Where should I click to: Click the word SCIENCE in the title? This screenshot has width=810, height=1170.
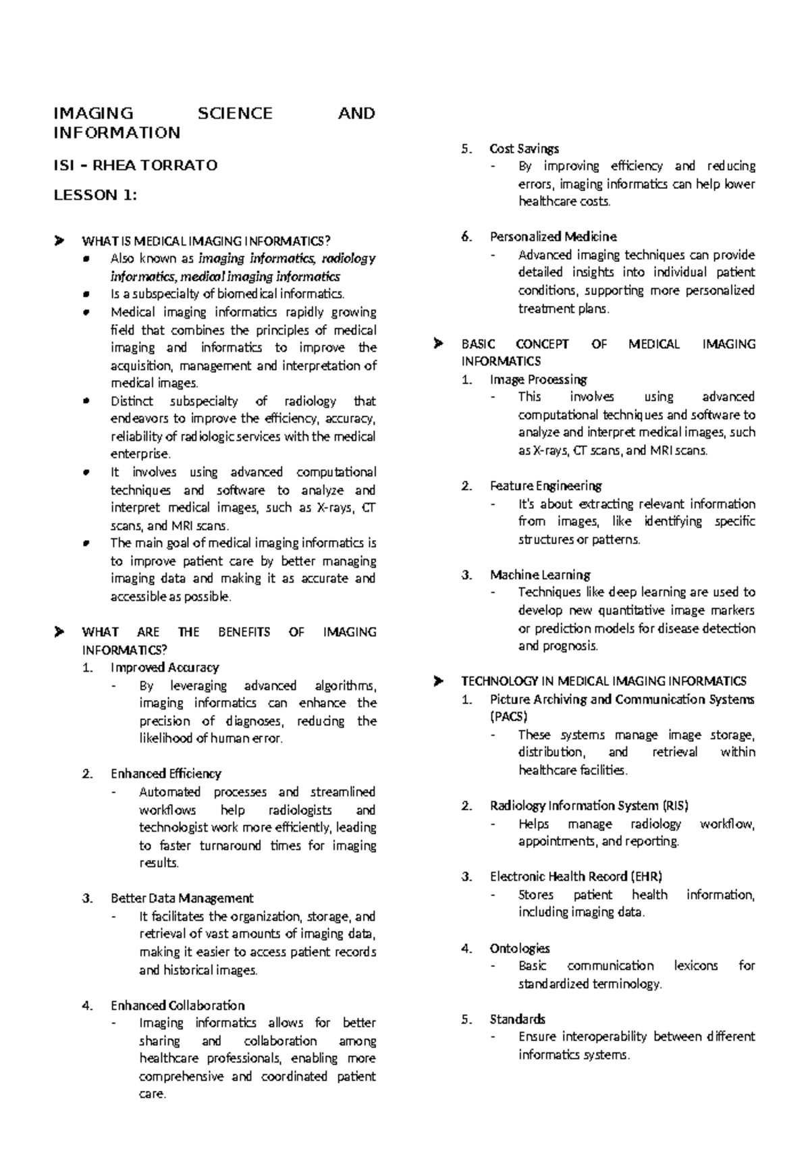coord(235,113)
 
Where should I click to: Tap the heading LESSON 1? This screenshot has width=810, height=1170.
coord(95,196)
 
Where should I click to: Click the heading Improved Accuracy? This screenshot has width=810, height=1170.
coord(165,668)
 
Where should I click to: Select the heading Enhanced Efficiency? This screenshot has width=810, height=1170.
coord(166,774)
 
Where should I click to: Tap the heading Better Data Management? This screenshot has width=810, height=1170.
coord(182,899)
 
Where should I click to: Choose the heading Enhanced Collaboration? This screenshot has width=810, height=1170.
coord(178,1005)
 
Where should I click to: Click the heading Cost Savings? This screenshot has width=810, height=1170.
coord(524,149)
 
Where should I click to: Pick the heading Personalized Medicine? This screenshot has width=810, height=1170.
coord(553,237)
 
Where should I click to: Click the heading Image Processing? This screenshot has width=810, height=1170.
coord(538,379)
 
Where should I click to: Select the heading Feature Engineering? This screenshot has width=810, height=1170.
coord(545,486)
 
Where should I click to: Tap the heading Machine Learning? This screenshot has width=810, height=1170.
coord(540,575)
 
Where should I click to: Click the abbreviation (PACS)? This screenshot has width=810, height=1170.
coord(508,717)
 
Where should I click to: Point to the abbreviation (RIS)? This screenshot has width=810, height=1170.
coord(675,805)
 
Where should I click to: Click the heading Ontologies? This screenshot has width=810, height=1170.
coord(520,949)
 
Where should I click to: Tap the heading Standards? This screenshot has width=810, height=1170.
coord(517,1019)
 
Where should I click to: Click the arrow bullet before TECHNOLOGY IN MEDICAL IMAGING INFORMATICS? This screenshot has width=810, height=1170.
coord(437,681)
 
